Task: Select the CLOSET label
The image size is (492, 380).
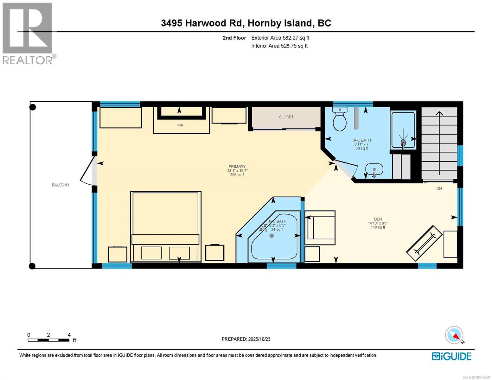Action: pos(286,117)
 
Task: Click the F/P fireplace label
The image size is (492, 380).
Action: pos(180,125)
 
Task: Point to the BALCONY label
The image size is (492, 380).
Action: pos(61,185)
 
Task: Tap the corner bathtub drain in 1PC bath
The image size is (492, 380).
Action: pos(272,236)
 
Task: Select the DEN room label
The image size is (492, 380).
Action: pos(378,219)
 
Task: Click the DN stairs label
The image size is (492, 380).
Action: pos(439,188)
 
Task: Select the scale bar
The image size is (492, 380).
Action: pos(48,340)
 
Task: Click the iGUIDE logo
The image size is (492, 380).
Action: pos(451,356)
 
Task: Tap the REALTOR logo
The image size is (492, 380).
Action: pos(28,33)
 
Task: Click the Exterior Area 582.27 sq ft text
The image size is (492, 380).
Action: pos(280,38)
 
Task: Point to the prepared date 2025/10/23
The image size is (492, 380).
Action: pos(246,339)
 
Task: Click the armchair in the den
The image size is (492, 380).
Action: pos(320,228)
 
